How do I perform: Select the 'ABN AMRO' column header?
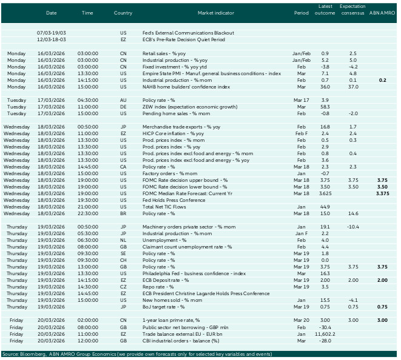[382, 12]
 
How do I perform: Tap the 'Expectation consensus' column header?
[352, 9]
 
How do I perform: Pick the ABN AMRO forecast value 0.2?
[382, 79]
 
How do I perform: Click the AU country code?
[124, 100]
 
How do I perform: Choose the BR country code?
[123, 213]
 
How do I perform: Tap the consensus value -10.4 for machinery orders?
[352, 227]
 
